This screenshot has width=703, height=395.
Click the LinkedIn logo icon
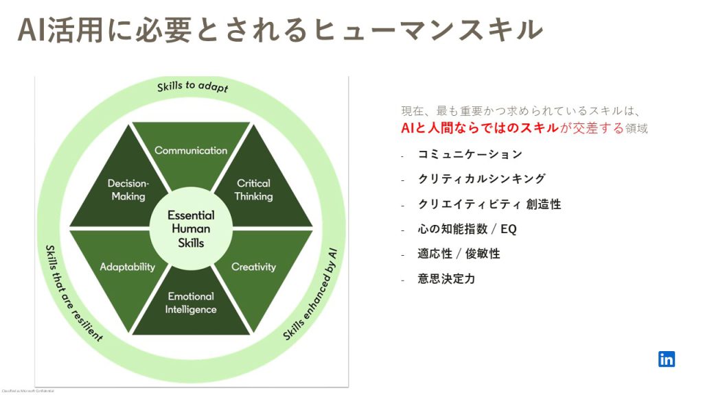[666, 359]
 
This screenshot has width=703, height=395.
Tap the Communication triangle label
[191, 150]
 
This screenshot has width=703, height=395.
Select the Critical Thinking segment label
[253, 190]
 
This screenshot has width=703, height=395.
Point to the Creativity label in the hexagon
[253, 267]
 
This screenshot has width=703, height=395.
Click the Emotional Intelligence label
[191, 302]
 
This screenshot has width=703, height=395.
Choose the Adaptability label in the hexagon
[128, 267]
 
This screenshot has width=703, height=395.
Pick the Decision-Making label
[128, 190]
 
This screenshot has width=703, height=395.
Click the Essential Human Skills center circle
[191, 228]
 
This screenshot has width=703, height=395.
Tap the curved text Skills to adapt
[192, 88]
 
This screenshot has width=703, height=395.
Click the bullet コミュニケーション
[470, 154]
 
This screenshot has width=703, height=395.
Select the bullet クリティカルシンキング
[482, 179]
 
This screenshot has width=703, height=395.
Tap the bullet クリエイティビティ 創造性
[489, 204]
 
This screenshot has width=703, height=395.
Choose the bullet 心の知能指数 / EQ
[468, 229]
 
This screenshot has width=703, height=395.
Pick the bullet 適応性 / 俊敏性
[459, 254]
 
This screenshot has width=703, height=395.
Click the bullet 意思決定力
[447, 279]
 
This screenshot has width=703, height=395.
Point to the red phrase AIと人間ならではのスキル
[480, 128]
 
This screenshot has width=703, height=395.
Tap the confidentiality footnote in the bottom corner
[27, 391]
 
